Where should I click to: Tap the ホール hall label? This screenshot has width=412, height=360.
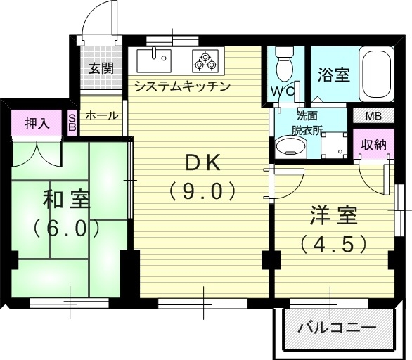[x=102, y=115]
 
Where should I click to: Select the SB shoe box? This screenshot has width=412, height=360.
[x=72, y=122]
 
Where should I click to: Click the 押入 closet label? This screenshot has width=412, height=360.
[x=37, y=124]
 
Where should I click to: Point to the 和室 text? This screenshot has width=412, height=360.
[x=67, y=200]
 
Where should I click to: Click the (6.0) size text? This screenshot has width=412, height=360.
[x=67, y=228]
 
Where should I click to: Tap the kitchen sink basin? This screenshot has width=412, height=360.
[x=154, y=60]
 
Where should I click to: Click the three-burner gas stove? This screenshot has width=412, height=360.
[x=205, y=61]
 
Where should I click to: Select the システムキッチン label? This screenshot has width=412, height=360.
[x=182, y=86]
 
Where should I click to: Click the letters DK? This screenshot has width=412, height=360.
[x=202, y=163]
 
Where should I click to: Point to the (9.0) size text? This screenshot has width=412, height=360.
[x=202, y=191]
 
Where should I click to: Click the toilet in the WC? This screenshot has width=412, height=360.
[x=284, y=65]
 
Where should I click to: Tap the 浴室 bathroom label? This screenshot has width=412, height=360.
[x=334, y=75]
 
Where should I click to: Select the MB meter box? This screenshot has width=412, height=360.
[x=373, y=116]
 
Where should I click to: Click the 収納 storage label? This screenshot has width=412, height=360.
[x=373, y=144]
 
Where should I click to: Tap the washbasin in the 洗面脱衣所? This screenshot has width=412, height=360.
[x=290, y=145]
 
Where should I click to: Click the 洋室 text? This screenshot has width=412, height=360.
[x=334, y=215]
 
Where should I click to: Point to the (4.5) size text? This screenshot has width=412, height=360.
[x=333, y=244]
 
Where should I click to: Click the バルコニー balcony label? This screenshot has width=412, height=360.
[x=337, y=328]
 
